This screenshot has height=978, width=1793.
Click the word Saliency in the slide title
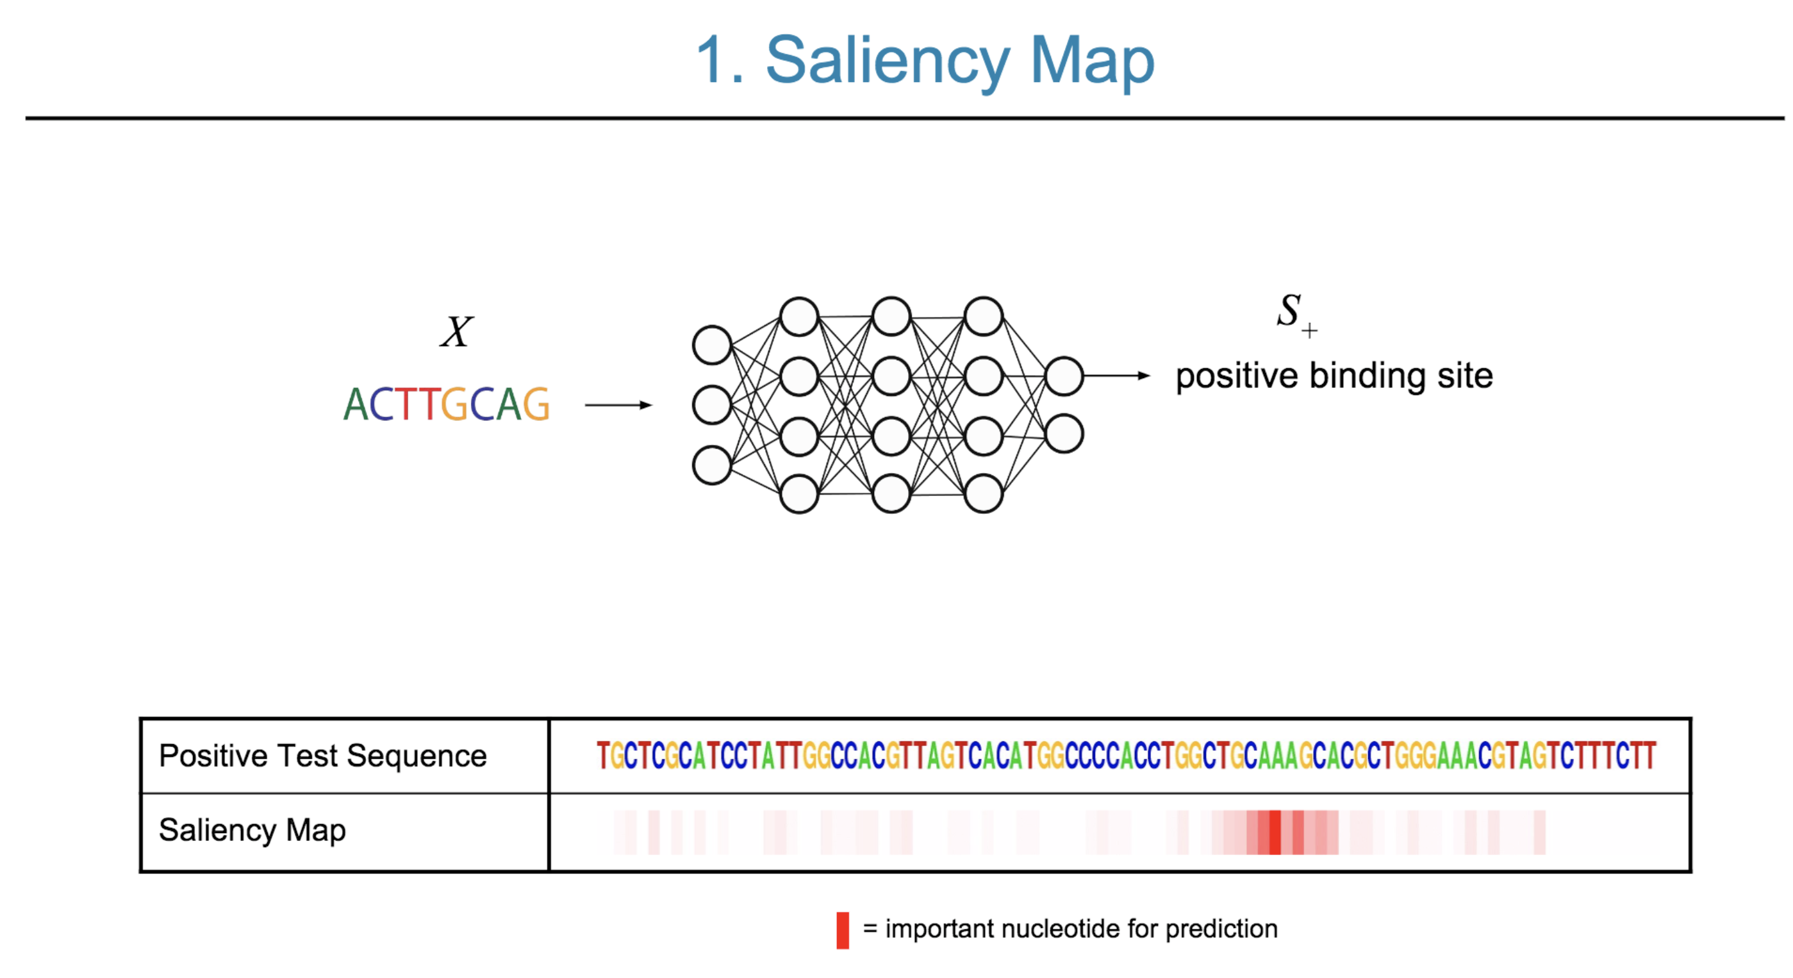(x=888, y=62)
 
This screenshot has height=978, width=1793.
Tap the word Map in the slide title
(x=1091, y=62)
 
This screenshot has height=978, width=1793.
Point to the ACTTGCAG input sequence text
(x=446, y=404)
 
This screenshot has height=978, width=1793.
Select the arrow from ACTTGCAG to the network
(x=618, y=404)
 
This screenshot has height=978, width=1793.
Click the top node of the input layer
(x=711, y=345)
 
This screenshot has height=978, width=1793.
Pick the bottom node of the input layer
(x=711, y=464)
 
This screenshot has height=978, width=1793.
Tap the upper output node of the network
(x=1064, y=376)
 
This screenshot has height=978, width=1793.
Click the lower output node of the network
(x=1064, y=433)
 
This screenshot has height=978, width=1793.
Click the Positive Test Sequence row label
(x=322, y=755)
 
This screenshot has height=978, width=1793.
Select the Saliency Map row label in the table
(x=252, y=830)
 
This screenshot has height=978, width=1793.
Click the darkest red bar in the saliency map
(x=1275, y=832)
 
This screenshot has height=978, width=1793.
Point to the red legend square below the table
(x=842, y=930)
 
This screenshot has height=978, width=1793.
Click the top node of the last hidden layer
(x=983, y=316)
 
